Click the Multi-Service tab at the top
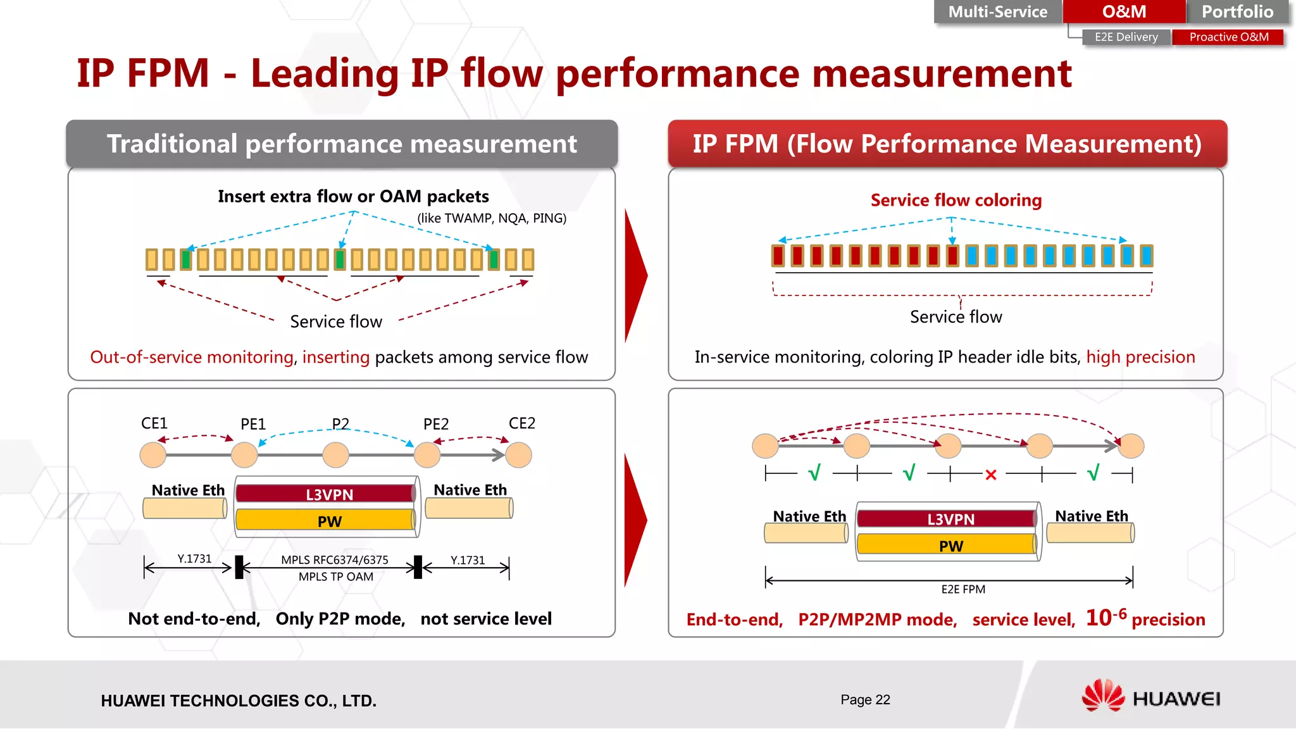tap(997, 12)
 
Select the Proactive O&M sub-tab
tap(1228, 37)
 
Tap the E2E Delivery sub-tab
tap(1126, 37)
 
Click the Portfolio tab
tap(1237, 12)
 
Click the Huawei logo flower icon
tap(1102, 695)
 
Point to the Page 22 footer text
tap(865, 699)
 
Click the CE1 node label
tap(154, 423)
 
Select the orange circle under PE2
tap(427, 455)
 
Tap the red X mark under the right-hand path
tap(991, 475)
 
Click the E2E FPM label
tap(963, 589)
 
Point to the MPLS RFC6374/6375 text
tap(335, 560)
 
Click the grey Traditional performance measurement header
tap(342, 144)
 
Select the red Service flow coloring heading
tap(956, 200)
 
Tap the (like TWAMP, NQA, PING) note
tap(492, 218)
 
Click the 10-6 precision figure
tap(1106, 617)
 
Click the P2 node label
tap(340, 423)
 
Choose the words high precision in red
tap(1140, 357)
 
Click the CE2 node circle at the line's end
tap(519, 455)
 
